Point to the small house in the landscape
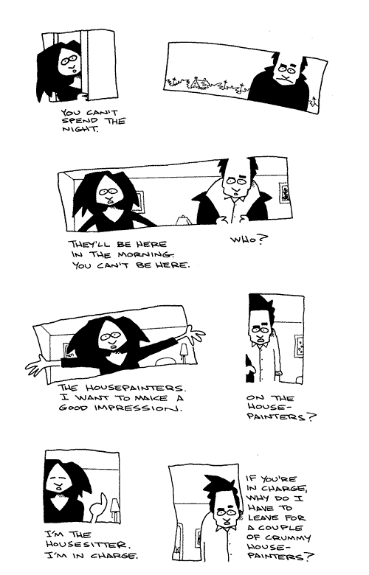coord(199,83)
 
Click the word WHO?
coord(249,240)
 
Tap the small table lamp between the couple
coord(182,220)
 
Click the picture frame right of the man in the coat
coord(283,194)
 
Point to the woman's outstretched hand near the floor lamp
coord(194,334)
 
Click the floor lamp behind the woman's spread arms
coord(183,352)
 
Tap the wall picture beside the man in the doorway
coord(298,346)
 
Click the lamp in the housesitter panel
coord(114,508)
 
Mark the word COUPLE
coord(280,528)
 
